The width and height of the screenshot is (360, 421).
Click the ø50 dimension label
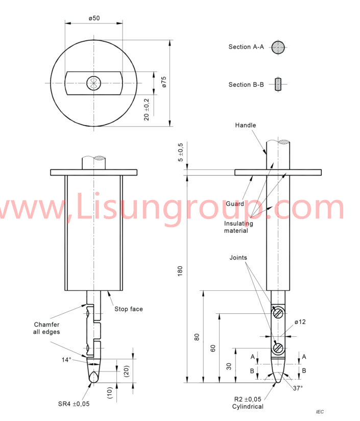pyautogui.click(x=94, y=18)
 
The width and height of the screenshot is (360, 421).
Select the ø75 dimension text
pyautogui.click(x=164, y=82)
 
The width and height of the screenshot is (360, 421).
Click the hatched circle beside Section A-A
pyautogui.click(x=278, y=47)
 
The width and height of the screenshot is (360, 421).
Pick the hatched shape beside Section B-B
pyautogui.click(x=278, y=84)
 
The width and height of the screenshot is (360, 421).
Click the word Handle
pyautogui.click(x=246, y=125)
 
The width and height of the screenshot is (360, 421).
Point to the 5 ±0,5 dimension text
pyautogui.click(x=180, y=152)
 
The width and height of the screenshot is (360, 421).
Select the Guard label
pyautogui.click(x=235, y=204)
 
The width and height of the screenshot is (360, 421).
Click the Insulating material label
pyautogui.click(x=236, y=227)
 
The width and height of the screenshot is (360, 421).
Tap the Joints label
pyautogui.click(x=238, y=258)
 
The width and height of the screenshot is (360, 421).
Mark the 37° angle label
pyautogui.click(x=297, y=388)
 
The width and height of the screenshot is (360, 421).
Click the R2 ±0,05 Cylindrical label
pyautogui.click(x=248, y=403)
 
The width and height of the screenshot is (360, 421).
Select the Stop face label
pyautogui.click(x=129, y=309)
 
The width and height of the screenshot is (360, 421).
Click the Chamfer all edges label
pyautogui.click(x=46, y=328)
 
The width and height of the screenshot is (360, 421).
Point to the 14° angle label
pyautogui.click(x=66, y=360)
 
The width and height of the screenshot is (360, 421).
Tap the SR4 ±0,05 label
pyautogui.click(x=74, y=404)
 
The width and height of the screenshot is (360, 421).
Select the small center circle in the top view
pyautogui.click(x=94, y=83)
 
